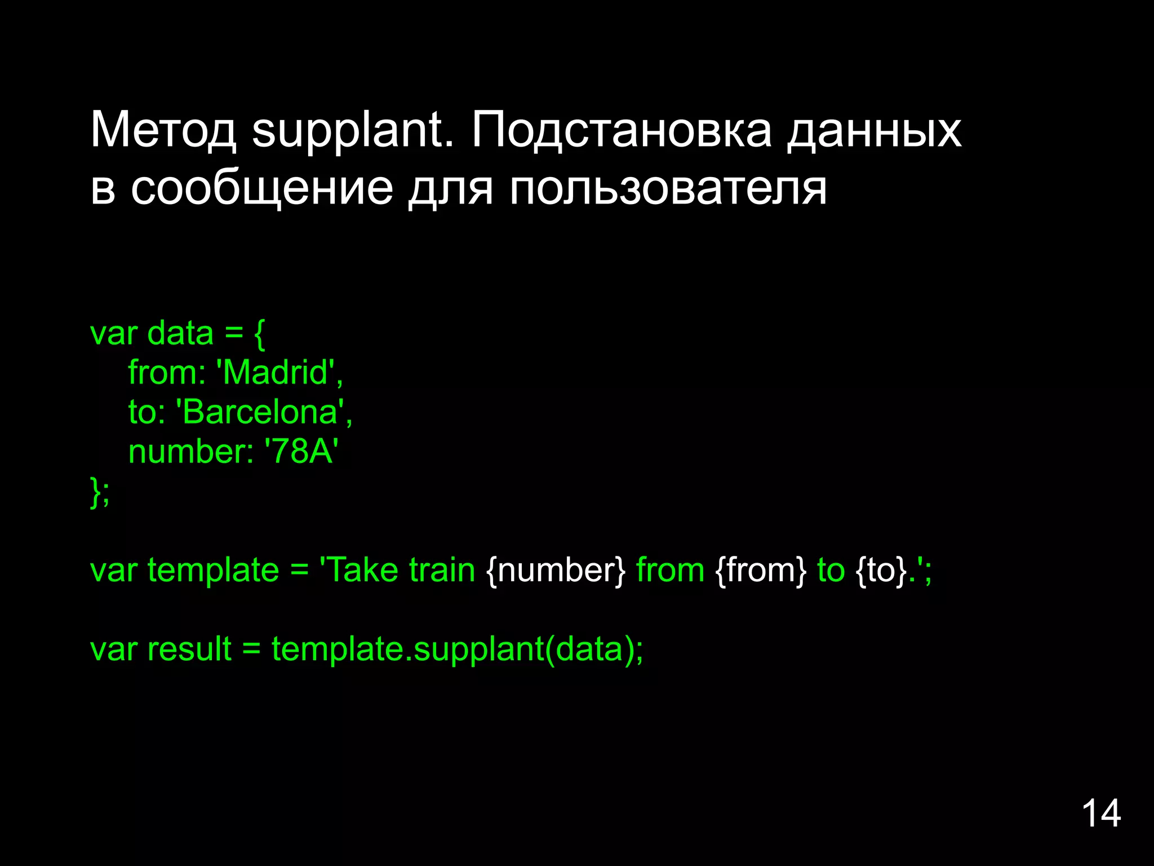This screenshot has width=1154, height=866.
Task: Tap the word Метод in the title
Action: pyautogui.click(x=163, y=131)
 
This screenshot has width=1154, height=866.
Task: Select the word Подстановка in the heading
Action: pyautogui.click(x=621, y=131)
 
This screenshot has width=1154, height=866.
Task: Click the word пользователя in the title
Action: pyautogui.click(x=668, y=188)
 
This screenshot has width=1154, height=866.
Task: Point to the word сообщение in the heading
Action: pyautogui.click(x=262, y=188)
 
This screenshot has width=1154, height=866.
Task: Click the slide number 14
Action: pyautogui.click(x=1100, y=814)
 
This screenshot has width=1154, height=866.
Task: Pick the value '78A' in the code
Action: pyautogui.click(x=301, y=452)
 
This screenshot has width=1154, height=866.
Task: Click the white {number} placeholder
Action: pyautogui.click(x=556, y=570)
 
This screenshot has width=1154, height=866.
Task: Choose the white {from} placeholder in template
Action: pyautogui.click(x=761, y=570)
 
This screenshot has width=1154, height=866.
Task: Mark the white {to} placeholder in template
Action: pyautogui.click(x=881, y=570)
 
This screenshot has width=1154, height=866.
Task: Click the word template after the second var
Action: pyautogui.click(x=213, y=570)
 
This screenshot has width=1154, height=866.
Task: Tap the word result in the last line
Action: pyautogui.click(x=189, y=649)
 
